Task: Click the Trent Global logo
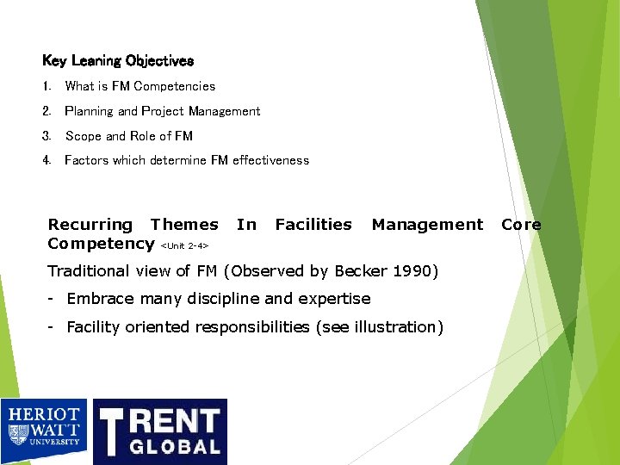pos(160,431)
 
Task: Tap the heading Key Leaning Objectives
pos(118,61)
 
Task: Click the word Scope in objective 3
pos(83,136)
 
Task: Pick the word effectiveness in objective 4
pos(270,160)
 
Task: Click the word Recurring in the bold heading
pos(90,225)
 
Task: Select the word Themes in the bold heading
pos(184,225)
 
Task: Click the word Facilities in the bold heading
pos(313,225)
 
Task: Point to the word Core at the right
pos(521,225)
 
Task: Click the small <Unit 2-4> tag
pos(184,246)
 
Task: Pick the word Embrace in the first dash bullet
pos(97,299)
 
